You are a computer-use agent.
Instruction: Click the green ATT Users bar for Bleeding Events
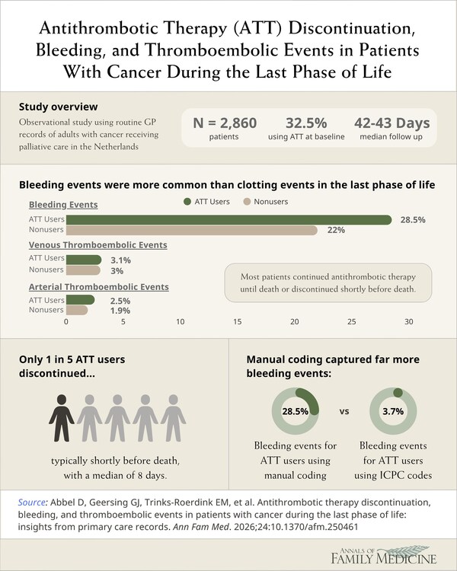tap(228, 219)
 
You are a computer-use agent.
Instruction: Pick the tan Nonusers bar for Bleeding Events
tap(191, 230)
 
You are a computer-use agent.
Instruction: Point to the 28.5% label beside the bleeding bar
tap(412, 219)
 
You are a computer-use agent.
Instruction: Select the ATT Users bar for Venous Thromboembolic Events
tap(84, 259)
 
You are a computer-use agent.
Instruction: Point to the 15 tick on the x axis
tap(238, 322)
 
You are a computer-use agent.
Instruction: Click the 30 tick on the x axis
tap(408, 322)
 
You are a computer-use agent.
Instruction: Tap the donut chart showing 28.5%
tap(296, 411)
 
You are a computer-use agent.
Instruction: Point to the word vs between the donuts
tap(344, 412)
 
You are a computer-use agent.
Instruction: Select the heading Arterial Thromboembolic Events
tap(98, 287)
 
